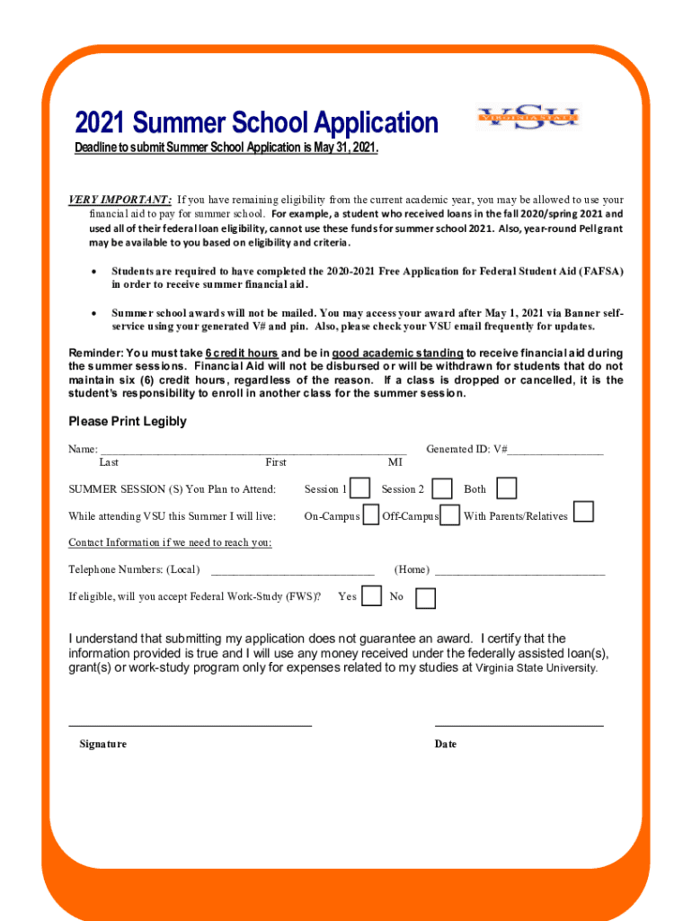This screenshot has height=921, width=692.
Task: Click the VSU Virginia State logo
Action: tap(528, 118)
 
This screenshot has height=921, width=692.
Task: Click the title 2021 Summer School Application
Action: tap(256, 123)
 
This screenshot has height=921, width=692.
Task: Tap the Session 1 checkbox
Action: tap(359, 488)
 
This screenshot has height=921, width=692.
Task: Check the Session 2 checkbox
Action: tap(442, 488)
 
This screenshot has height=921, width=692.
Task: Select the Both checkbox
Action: tap(507, 488)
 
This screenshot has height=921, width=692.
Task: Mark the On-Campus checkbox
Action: tap(370, 515)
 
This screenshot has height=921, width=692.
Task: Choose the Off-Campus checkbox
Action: tap(450, 515)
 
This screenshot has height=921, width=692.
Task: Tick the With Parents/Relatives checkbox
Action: tap(583, 513)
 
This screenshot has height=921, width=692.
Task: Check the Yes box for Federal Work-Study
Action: tap(370, 595)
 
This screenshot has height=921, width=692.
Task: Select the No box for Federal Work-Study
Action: tap(425, 597)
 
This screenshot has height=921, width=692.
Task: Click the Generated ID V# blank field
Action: tap(555, 450)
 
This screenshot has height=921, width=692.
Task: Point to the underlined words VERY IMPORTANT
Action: tap(120, 200)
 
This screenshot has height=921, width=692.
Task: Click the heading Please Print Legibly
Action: tap(128, 422)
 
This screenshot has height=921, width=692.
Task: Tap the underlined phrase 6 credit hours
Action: tap(242, 353)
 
